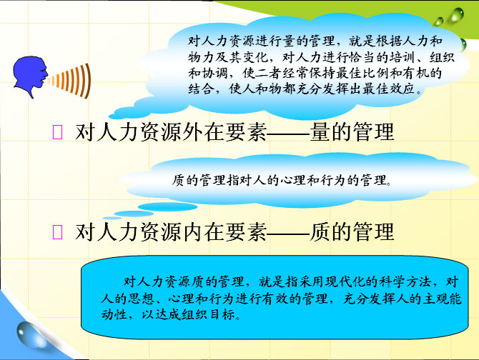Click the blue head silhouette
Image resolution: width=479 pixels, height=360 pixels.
click(x=29, y=75)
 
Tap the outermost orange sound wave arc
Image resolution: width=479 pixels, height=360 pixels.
click(x=88, y=81)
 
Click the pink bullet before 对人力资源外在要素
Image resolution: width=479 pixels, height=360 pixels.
click(x=57, y=132)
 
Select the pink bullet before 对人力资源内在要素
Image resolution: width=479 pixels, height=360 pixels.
click(x=57, y=232)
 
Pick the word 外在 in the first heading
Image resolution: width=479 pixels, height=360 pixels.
click(x=193, y=132)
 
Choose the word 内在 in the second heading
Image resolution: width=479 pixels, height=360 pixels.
click(x=193, y=232)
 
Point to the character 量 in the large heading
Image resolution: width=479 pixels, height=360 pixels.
click(x=320, y=132)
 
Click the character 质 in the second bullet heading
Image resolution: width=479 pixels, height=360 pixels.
click(x=320, y=232)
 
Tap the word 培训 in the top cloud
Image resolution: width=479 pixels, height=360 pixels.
click(x=402, y=57)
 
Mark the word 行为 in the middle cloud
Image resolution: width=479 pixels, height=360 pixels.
click(x=333, y=180)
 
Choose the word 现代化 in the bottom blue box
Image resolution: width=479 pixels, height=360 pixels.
click(x=345, y=281)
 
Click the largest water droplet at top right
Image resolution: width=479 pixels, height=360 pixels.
click(x=456, y=15)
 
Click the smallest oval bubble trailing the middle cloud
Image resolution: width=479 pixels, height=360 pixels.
click(x=112, y=218)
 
